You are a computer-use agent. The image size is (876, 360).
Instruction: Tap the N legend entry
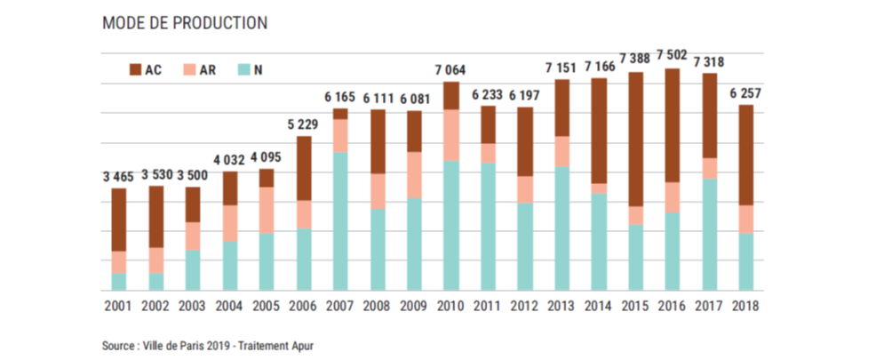(245, 68)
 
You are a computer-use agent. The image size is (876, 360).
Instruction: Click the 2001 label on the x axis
(118, 305)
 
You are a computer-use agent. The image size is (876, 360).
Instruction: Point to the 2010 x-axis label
(451, 305)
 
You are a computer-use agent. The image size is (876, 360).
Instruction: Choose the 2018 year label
(747, 305)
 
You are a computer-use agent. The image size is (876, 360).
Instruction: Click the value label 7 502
(673, 55)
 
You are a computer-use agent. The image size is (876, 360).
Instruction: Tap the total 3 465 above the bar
(118, 178)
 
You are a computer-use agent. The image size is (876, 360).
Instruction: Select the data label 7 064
(451, 70)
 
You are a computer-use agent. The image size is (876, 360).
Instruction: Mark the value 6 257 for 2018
(747, 92)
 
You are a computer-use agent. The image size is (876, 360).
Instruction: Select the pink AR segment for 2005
(267, 210)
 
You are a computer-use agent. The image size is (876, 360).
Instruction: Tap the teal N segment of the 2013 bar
(562, 228)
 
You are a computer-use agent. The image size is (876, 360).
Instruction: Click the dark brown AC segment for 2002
(155, 216)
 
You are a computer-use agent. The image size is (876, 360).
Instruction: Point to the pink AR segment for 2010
(451, 135)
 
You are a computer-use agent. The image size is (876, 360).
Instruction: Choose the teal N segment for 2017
(710, 234)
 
